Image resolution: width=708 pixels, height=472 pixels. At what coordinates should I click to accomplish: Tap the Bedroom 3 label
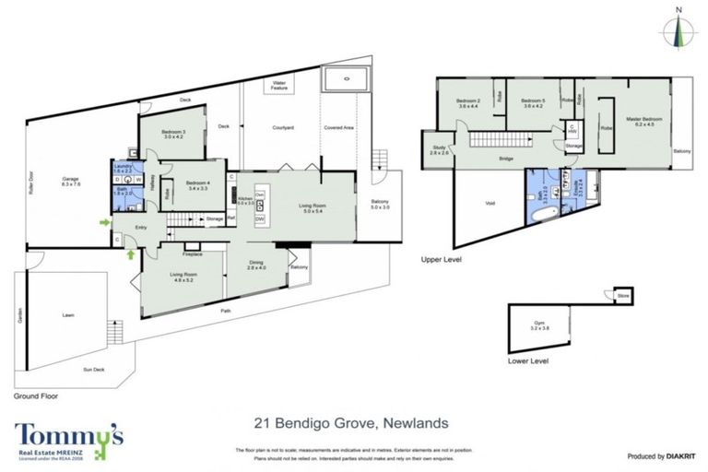click(x=174, y=135)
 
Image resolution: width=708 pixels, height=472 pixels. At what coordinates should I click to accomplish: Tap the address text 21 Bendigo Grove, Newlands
click(x=351, y=423)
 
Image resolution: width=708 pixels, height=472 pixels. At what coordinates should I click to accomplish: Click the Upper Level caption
click(x=441, y=261)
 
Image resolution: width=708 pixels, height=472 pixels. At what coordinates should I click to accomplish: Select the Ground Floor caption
click(x=37, y=395)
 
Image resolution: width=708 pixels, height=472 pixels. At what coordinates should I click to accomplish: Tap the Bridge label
click(x=505, y=159)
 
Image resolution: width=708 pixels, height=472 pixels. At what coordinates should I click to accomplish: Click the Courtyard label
click(x=282, y=127)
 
